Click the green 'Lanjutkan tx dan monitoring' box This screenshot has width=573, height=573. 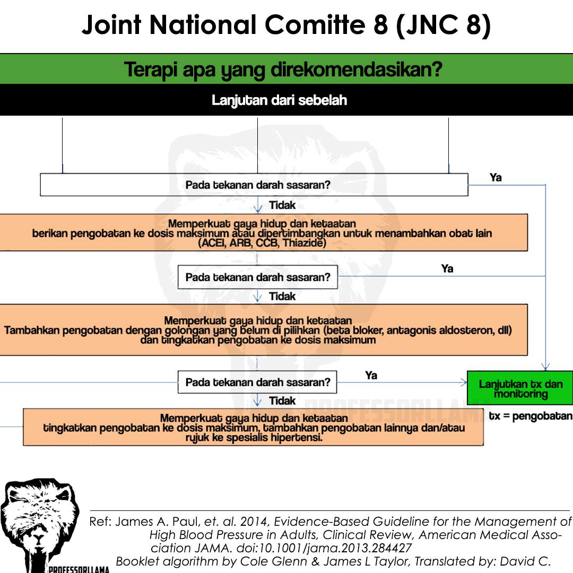[x=520, y=388]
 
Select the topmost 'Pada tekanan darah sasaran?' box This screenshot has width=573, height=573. [x=254, y=185]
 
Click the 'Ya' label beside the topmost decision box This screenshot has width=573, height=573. [x=496, y=178]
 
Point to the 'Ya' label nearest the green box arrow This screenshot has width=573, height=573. [x=371, y=375]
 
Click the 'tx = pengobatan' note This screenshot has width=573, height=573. [x=531, y=416]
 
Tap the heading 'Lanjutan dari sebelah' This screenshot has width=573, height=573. [x=279, y=100]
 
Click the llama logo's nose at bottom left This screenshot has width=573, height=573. [x=38, y=540]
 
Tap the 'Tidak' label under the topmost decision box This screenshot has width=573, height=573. [x=282, y=205]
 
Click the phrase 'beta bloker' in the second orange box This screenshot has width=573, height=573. [x=354, y=331]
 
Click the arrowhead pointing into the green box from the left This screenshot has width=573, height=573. [x=464, y=383]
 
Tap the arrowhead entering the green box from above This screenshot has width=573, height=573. [x=545, y=367]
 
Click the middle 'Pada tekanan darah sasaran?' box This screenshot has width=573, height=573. [x=258, y=277]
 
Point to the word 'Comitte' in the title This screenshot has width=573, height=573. [x=315, y=25]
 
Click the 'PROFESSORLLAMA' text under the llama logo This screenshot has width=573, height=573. [x=79, y=569]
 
